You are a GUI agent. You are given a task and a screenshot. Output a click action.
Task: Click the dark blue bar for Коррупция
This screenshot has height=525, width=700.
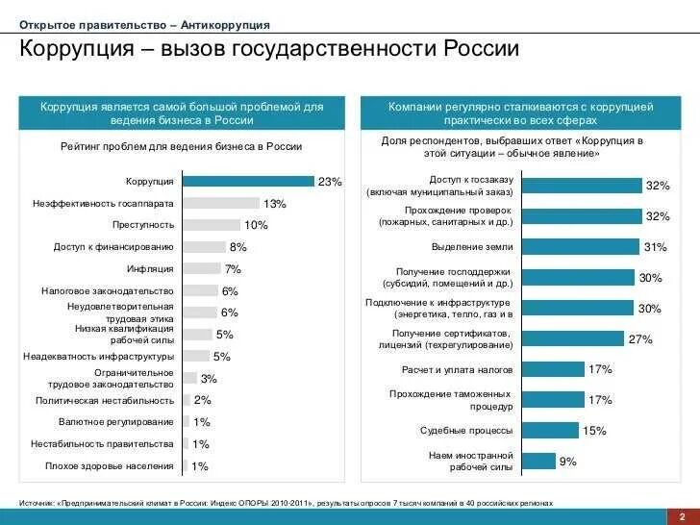[248, 181]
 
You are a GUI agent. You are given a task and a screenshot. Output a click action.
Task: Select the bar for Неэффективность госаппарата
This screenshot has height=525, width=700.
[221, 203]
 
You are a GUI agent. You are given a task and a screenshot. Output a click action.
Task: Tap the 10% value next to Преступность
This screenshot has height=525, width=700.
[256, 225]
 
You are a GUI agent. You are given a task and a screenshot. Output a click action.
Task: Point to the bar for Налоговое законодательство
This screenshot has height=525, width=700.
[200, 290]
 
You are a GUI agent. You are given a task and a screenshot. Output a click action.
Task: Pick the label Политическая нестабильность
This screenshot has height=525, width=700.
[105, 400]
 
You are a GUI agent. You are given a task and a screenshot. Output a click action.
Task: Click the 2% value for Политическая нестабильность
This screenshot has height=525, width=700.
[202, 400]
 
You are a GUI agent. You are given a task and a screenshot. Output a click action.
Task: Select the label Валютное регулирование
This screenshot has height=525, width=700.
[116, 422]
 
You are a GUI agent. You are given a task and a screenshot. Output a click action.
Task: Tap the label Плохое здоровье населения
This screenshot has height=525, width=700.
[110, 466]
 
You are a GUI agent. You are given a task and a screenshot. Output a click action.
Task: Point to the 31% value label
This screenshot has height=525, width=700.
[655, 247]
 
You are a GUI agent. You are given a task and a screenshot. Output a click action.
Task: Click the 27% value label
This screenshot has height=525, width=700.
[640, 339]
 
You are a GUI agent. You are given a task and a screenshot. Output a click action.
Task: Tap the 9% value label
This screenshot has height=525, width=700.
[567, 462]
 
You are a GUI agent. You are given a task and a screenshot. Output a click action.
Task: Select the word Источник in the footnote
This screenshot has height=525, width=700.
[37, 503]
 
